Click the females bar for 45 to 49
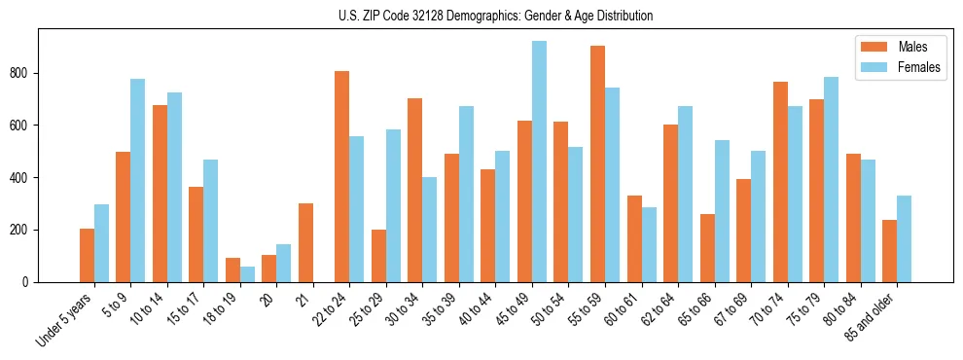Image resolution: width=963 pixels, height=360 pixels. pos(540,162)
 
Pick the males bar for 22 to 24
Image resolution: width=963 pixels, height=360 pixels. pos(342,176)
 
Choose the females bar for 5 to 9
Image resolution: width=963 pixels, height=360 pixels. pos(138,180)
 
